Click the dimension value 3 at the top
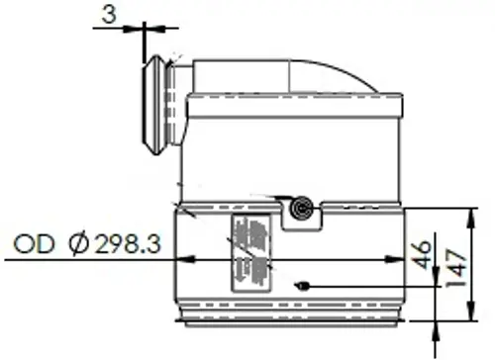pyautogui.click(x=109, y=15)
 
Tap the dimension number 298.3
pyautogui.click(x=128, y=244)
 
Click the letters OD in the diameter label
pyautogui.click(x=34, y=244)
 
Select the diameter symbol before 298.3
pyautogui.click(x=79, y=244)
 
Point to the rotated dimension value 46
pyautogui.click(x=421, y=255)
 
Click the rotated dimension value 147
pyautogui.click(x=455, y=268)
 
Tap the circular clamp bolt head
pyautogui.click(x=301, y=209)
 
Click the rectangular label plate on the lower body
pyautogui.click(x=251, y=253)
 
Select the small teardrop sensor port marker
pyautogui.click(x=302, y=286)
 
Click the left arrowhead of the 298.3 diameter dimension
pyautogui.click(x=185, y=259)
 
